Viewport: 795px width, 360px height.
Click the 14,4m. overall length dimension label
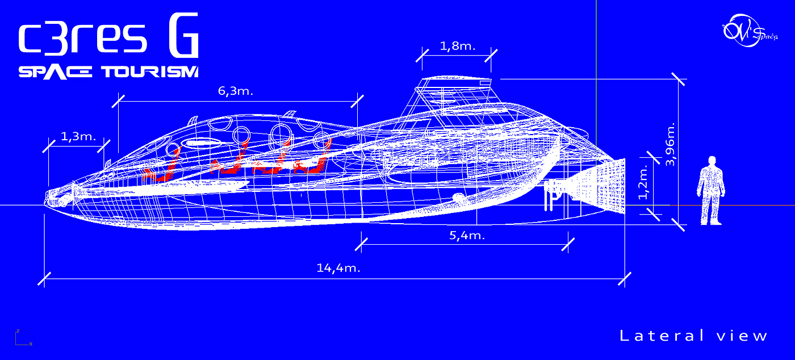[x=338, y=268]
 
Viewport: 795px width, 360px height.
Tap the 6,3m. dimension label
[x=236, y=91]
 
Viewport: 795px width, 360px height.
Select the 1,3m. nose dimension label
[x=78, y=137]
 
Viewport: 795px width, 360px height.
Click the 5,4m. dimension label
[x=467, y=235]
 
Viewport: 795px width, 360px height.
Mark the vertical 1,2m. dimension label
[x=643, y=182]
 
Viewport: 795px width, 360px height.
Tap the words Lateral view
[x=693, y=336]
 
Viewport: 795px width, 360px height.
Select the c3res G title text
[x=108, y=40]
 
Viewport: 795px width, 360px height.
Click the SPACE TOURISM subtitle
[x=108, y=72]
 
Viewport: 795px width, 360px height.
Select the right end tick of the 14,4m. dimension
[x=625, y=279]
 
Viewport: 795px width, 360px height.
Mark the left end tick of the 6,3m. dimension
[x=119, y=102]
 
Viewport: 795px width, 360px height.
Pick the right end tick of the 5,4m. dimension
[x=568, y=244]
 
